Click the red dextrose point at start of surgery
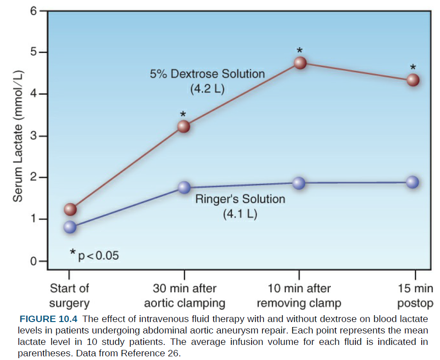tap(70, 210)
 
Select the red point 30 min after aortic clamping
tap(183, 126)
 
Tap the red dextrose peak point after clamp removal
tap(300, 63)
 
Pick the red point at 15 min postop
tap(413, 80)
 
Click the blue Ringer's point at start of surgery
tap(70, 227)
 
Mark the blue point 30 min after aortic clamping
tap(184, 187)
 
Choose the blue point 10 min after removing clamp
tap(299, 183)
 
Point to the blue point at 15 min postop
tap(413, 182)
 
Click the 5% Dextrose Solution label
tap(207, 74)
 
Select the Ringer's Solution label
tap(240, 199)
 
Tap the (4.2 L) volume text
tap(207, 89)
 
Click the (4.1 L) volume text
tap(240, 214)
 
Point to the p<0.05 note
tap(95, 255)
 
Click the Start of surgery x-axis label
tap(70, 296)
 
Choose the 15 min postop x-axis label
tap(415, 296)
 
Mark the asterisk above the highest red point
tap(300, 50)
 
